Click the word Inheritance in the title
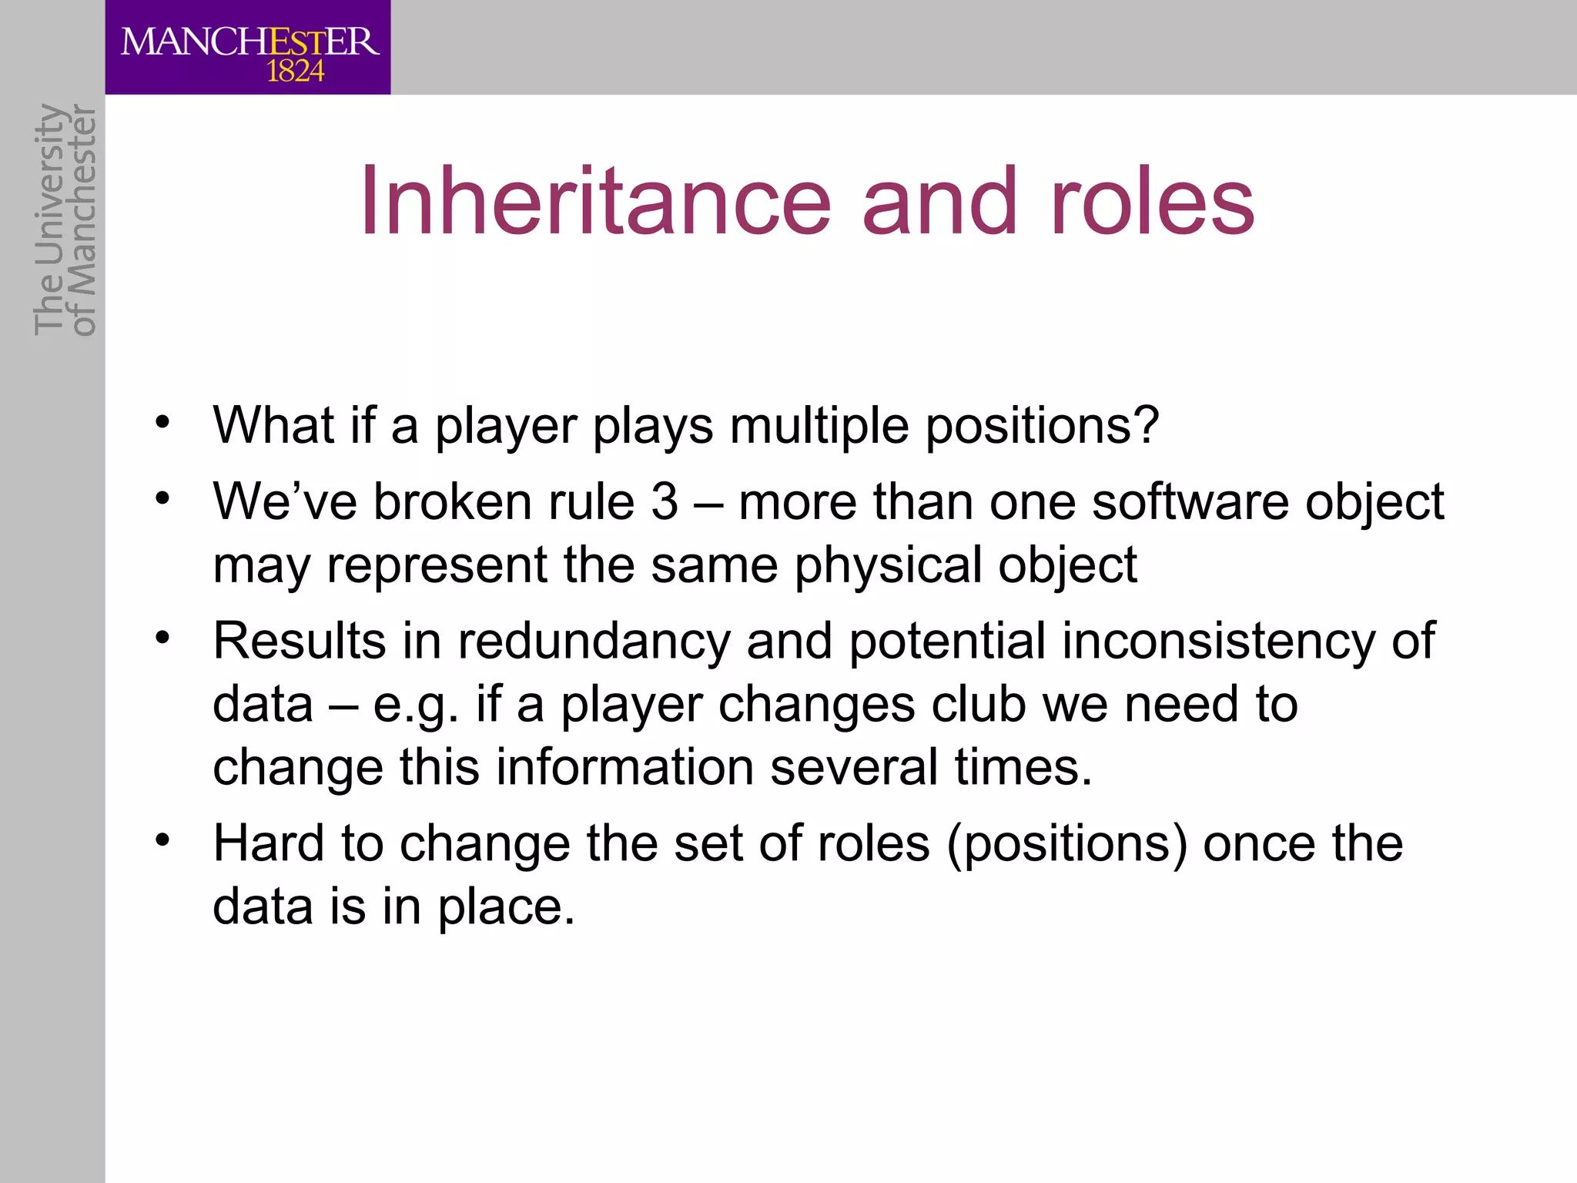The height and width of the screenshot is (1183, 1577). tap(595, 202)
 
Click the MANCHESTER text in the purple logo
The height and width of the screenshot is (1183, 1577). tap(249, 42)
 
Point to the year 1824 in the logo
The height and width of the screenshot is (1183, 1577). tap(295, 72)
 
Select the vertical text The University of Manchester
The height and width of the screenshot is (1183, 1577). tap(65, 220)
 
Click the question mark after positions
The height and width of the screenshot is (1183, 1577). tap(1147, 425)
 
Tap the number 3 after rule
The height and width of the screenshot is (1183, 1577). tap(665, 502)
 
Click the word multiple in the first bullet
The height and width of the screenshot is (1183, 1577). tap(819, 426)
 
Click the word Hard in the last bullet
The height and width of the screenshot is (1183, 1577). tap(269, 843)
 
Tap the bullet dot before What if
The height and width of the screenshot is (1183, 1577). tap(162, 422)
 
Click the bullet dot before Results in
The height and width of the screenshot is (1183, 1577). tap(162, 638)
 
